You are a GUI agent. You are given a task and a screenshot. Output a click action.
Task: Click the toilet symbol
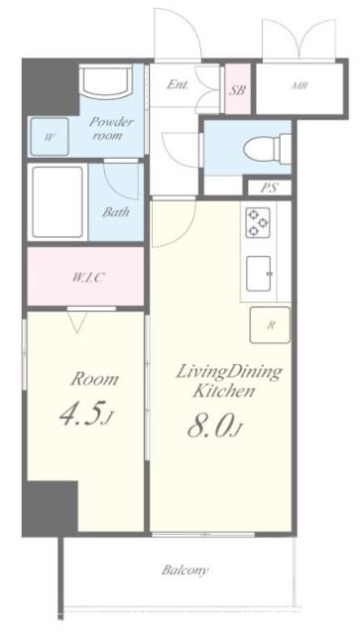point(267,148)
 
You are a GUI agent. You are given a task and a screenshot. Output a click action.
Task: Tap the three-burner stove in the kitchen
point(258,222)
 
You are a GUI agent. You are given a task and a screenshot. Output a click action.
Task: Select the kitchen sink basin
point(259,274)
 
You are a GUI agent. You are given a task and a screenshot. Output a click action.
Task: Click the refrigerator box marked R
point(270,325)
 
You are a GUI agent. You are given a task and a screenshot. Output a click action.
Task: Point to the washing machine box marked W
point(50,137)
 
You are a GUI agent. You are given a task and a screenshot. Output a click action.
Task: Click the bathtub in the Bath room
point(58,201)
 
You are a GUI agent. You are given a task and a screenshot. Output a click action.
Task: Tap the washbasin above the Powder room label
point(106,81)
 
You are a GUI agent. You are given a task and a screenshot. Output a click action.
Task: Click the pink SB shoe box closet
point(238,88)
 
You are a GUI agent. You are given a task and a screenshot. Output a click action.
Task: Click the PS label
point(269,189)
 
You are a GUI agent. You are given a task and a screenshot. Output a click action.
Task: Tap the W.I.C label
point(88,278)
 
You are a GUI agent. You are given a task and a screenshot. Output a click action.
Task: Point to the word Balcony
point(185,571)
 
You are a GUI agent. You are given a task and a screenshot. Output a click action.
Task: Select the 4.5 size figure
point(84,413)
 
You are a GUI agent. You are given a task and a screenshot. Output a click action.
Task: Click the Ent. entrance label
point(178,84)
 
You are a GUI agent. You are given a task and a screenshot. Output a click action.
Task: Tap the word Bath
point(116,211)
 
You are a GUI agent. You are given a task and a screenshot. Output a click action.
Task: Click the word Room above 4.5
point(95,379)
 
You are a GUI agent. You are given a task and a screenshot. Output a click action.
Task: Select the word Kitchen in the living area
point(223,391)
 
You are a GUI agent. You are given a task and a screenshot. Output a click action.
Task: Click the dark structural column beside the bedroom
point(50,507)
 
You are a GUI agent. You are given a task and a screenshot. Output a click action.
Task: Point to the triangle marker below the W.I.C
point(76,321)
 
